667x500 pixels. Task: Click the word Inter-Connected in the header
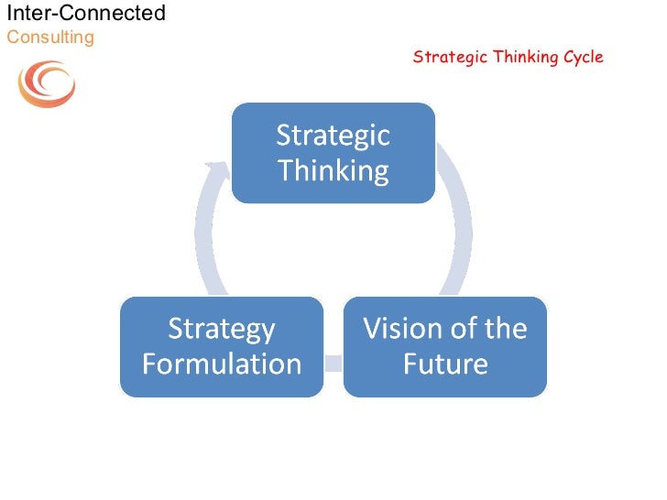point(86,13)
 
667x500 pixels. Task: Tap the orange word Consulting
point(50,37)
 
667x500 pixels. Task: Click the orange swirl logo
point(47,84)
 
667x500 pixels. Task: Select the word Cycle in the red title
point(582,57)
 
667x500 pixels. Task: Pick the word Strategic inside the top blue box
point(333,136)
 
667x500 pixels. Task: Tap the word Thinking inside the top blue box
point(333,170)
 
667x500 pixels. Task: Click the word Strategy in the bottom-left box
point(221,329)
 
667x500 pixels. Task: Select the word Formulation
point(222,364)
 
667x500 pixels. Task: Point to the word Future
point(445,364)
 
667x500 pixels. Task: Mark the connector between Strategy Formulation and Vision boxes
point(333,363)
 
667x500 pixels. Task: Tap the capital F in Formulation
point(150,364)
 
